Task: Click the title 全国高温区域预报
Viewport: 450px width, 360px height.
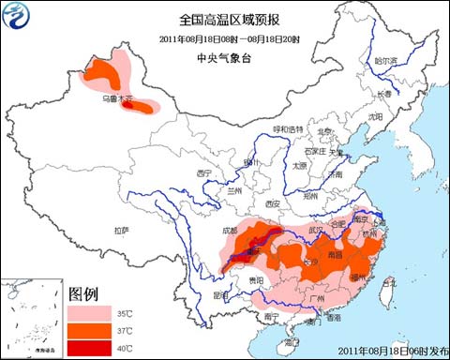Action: point(225,18)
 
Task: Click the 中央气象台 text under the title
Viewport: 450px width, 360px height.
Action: point(225,58)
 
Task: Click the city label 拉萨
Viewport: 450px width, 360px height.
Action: point(120,230)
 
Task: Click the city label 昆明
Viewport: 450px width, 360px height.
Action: point(221,294)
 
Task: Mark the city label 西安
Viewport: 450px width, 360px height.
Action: point(273,203)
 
